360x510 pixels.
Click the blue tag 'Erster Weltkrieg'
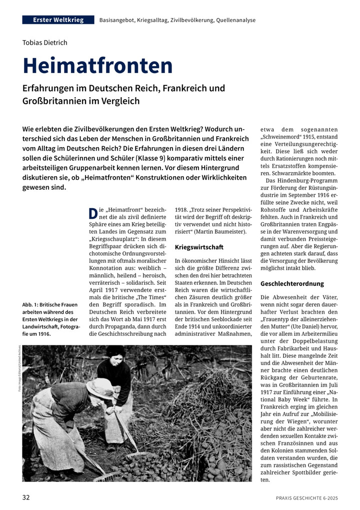click(58, 20)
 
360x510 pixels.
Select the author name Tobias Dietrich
click(45, 43)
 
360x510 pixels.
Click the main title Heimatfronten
click(97, 66)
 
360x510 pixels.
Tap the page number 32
click(26, 497)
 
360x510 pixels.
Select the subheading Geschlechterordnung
click(292, 284)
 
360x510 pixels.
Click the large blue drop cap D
click(92, 214)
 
